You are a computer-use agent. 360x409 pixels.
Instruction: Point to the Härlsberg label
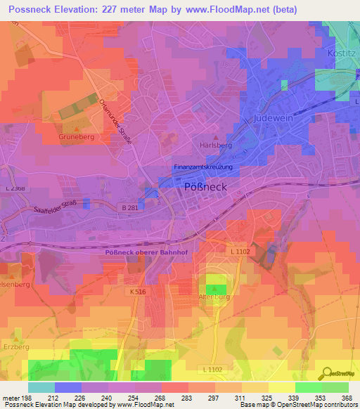pyautogui.click(x=216, y=145)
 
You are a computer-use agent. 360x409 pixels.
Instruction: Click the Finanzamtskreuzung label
pyautogui.click(x=202, y=167)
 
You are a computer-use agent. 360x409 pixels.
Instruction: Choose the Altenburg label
pyautogui.click(x=216, y=297)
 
